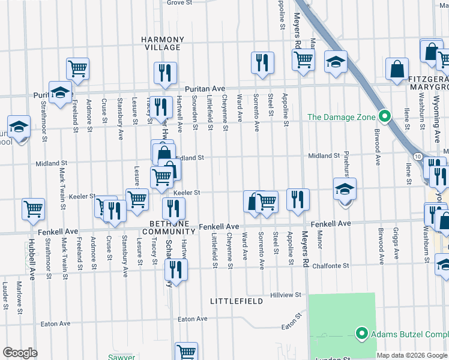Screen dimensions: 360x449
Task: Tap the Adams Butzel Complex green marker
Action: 361,334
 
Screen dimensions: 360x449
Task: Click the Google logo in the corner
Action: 20,353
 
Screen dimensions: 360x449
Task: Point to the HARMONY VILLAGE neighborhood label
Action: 161,43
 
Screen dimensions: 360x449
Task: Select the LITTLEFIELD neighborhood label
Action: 237,301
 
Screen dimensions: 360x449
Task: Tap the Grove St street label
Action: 179,2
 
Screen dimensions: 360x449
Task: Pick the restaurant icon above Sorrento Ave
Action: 262,62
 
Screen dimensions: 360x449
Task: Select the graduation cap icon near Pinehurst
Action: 345,189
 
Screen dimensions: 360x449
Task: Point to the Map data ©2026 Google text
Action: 412,355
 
